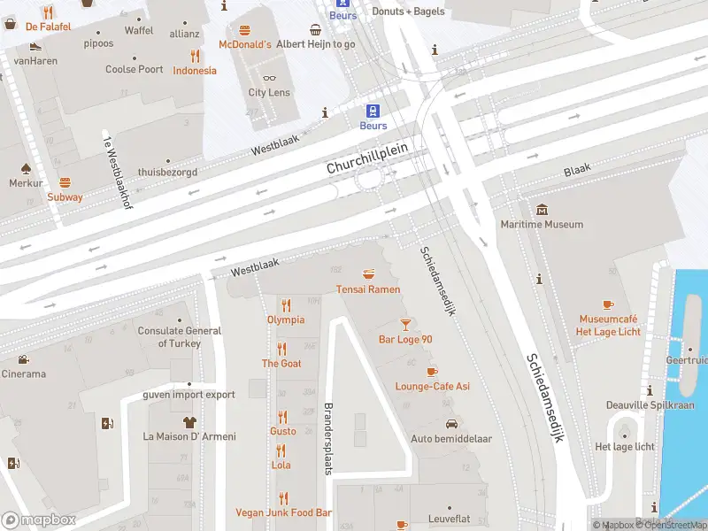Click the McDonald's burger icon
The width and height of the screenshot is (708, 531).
(x=244, y=30)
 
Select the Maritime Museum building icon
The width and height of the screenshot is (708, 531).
(x=543, y=209)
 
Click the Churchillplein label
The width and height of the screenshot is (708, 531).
(x=366, y=159)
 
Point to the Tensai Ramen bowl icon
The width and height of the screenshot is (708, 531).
(x=368, y=274)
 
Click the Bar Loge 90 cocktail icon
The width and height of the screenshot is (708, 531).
(x=405, y=325)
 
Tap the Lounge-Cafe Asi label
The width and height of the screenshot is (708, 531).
(x=432, y=387)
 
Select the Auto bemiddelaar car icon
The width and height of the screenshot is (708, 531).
(x=450, y=424)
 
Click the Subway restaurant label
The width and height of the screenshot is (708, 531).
(x=65, y=197)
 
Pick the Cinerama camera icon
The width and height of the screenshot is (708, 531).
(x=22, y=360)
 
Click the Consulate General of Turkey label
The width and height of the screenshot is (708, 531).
(x=180, y=337)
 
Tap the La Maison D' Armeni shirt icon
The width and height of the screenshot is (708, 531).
(x=189, y=422)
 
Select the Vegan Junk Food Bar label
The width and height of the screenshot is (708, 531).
(x=283, y=512)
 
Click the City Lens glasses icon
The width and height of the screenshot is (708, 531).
(x=269, y=79)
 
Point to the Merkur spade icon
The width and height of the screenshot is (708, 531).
(x=26, y=168)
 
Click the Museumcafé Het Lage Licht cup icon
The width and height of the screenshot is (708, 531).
(x=608, y=304)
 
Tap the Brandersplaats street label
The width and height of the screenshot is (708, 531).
(x=327, y=440)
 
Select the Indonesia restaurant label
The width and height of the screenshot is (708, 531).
(x=195, y=71)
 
